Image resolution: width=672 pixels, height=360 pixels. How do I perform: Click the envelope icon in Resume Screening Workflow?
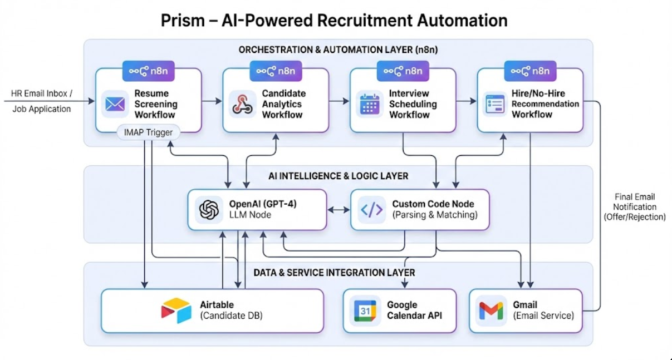point(115,104)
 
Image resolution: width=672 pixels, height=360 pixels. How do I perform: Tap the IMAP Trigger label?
point(149,132)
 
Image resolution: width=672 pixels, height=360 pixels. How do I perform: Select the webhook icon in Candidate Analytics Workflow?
point(243,104)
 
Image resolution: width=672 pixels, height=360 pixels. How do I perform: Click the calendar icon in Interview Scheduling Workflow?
point(370,104)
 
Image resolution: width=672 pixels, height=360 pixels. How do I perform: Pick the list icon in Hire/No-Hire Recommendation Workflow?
point(494,104)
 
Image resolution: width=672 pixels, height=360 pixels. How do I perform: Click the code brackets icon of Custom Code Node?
point(371,210)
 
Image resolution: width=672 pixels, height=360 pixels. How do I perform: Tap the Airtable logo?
point(176,310)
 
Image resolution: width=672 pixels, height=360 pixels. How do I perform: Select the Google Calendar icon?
point(365,310)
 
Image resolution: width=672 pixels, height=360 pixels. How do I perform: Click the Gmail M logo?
point(491,310)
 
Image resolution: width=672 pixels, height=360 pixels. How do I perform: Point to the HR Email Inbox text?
point(42,93)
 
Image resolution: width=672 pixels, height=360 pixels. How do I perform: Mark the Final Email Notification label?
point(635,206)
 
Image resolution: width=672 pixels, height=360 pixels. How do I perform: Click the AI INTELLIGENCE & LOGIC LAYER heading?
point(338,176)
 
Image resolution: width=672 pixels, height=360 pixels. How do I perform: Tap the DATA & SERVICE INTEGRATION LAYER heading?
point(334,273)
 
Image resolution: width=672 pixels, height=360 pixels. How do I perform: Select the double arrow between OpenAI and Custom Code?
point(339,210)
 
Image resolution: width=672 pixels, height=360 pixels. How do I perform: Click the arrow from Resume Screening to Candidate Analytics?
point(212,101)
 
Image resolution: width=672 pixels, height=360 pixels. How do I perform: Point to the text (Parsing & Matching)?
point(435,215)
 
